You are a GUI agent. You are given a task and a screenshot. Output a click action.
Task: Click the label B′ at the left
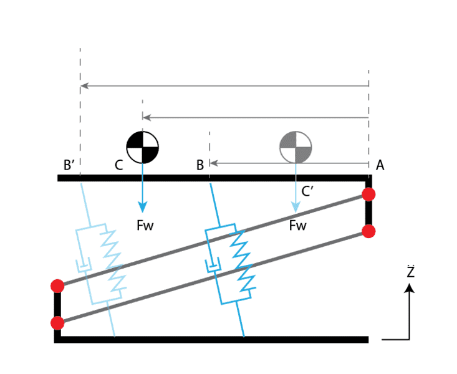(x=69, y=165)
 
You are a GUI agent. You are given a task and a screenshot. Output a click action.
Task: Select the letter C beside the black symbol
(x=118, y=165)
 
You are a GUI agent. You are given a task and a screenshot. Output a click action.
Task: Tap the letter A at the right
(x=380, y=165)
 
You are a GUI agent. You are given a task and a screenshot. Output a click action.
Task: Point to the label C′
(x=307, y=191)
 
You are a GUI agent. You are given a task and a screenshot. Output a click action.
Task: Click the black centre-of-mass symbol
(x=143, y=147)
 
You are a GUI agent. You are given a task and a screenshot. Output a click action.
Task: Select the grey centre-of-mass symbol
(x=296, y=147)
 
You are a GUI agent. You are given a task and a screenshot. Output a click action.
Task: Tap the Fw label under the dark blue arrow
(x=145, y=225)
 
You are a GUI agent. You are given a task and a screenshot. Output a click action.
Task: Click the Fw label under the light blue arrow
(x=297, y=225)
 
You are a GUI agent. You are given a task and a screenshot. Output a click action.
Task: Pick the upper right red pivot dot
(x=368, y=194)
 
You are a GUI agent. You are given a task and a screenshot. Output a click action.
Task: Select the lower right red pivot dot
(x=368, y=231)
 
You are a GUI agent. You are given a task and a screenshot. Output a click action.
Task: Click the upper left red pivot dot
(x=57, y=286)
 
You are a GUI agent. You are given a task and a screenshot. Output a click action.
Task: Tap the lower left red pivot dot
(x=57, y=323)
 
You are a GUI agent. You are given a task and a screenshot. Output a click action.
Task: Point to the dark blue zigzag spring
(x=243, y=261)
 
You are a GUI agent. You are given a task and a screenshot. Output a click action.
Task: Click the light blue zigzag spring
(x=113, y=261)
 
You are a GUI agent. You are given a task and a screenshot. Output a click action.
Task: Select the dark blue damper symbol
(x=213, y=265)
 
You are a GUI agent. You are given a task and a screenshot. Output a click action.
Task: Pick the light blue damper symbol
(x=84, y=265)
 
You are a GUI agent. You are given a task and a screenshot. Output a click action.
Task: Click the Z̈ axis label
(x=410, y=271)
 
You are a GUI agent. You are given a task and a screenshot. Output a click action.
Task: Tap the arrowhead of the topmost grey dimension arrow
(x=84, y=85)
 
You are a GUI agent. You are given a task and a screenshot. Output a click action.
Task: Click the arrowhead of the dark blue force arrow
(x=143, y=207)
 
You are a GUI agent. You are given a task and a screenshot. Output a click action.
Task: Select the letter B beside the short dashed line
(x=200, y=165)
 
